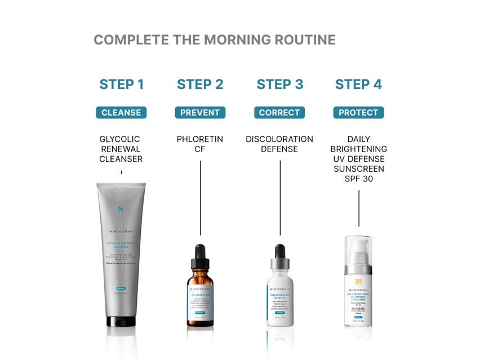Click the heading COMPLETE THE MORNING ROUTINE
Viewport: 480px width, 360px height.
click(x=214, y=40)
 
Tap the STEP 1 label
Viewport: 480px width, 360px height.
click(x=121, y=85)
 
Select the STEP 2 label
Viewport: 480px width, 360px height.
click(x=200, y=85)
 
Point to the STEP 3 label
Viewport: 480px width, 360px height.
click(x=280, y=85)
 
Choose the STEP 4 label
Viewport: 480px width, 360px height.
click(x=358, y=85)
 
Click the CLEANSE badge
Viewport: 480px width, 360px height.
click(x=121, y=113)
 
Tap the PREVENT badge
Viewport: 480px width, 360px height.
click(x=200, y=113)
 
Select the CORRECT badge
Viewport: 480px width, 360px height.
click(x=279, y=113)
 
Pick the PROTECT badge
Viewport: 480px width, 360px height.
click(x=358, y=113)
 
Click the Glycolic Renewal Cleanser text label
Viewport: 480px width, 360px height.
click(x=121, y=149)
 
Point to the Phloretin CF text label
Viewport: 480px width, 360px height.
click(x=200, y=144)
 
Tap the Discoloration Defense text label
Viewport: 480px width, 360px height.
click(x=279, y=144)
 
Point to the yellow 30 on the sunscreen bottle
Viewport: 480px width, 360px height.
click(x=358, y=282)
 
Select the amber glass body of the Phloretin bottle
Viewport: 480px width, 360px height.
click(x=201, y=304)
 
